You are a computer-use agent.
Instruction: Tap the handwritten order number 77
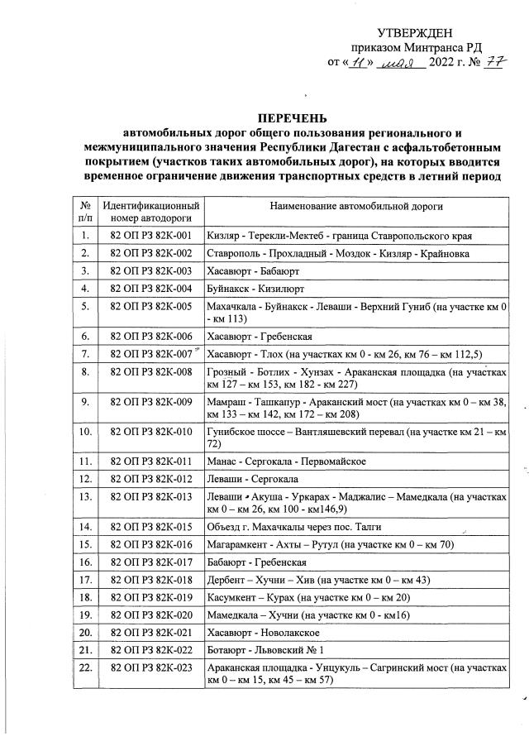point(494,61)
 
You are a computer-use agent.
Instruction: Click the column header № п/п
point(85,211)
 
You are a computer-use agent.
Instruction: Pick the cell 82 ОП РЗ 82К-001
point(150,236)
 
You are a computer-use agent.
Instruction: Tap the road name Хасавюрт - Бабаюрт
point(254,270)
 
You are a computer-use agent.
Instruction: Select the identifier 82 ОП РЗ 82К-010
point(150,432)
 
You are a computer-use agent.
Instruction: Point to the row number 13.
point(85,496)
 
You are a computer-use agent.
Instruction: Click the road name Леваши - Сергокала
point(255,478)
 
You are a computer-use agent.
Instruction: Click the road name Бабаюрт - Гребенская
point(257,562)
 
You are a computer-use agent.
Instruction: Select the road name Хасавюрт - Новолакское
point(264,633)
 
